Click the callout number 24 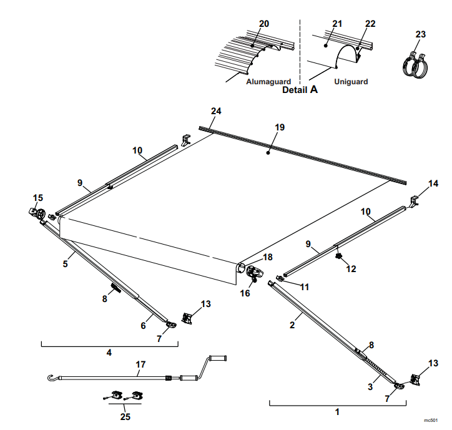216,111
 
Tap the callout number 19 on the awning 280,127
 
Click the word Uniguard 351,82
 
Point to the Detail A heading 300,90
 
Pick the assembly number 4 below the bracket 109,353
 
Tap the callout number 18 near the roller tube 267,257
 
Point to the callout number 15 38,198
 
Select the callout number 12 351,269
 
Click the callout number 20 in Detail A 264,24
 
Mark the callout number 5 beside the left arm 64,264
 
